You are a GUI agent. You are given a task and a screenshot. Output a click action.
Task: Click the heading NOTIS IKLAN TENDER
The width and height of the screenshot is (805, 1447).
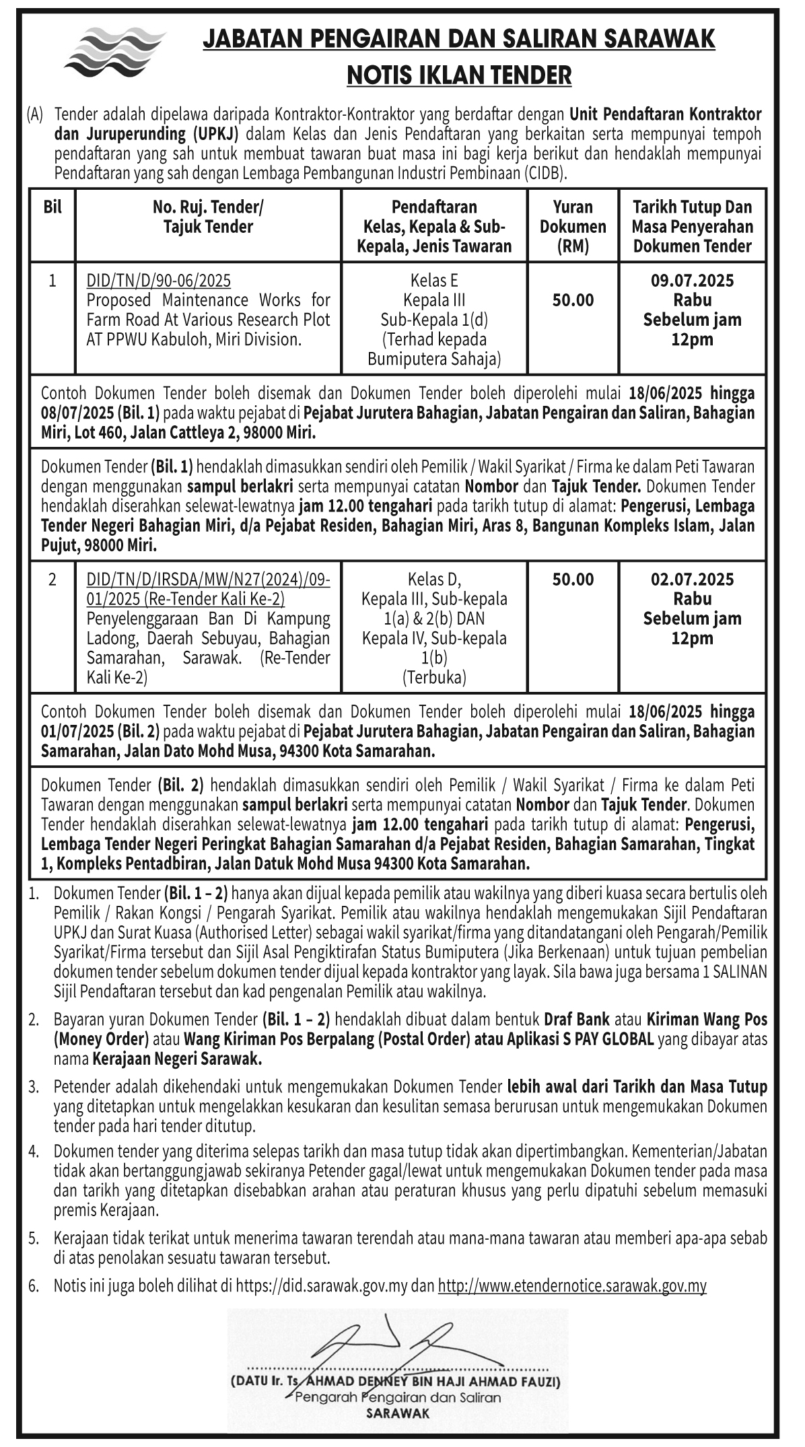(459, 75)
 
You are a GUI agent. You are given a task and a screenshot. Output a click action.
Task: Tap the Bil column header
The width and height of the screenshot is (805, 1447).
(53, 207)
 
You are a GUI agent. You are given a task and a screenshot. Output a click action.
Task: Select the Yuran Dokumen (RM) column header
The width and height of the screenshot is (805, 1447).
(573, 226)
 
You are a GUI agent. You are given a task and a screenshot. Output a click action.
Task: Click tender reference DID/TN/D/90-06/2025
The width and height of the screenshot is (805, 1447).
(159, 280)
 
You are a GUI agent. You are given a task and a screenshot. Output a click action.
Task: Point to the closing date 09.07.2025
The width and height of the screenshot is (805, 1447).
(692, 280)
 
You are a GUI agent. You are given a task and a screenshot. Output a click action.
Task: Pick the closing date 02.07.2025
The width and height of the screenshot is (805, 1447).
(692, 579)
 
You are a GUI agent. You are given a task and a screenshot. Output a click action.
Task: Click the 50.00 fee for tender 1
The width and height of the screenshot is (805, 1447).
(573, 300)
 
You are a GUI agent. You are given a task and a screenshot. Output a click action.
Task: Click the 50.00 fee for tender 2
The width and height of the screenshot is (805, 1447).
(573, 579)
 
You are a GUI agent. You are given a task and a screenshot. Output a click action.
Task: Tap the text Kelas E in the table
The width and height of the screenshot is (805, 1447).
(434, 280)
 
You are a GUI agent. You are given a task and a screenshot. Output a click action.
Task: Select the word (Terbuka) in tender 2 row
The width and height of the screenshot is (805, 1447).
(434, 677)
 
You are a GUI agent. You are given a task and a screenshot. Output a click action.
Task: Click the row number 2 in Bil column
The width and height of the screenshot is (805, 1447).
(53, 579)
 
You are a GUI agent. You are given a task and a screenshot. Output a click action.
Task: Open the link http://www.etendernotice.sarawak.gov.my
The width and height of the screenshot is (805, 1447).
(572, 1286)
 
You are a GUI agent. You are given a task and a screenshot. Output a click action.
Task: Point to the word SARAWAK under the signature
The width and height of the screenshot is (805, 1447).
(397, 1413)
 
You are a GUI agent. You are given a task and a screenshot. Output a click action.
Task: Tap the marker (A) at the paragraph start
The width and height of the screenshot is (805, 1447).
(35, 114)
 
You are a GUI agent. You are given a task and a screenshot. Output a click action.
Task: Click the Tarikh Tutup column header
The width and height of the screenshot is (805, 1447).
(692, 226)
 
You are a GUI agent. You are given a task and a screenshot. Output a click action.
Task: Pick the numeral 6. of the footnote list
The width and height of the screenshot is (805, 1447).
(34, 1286)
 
